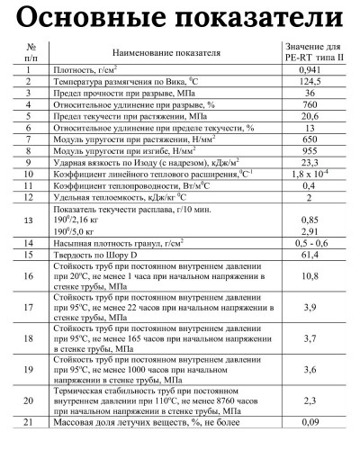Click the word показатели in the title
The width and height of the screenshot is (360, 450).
click(261, 20)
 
